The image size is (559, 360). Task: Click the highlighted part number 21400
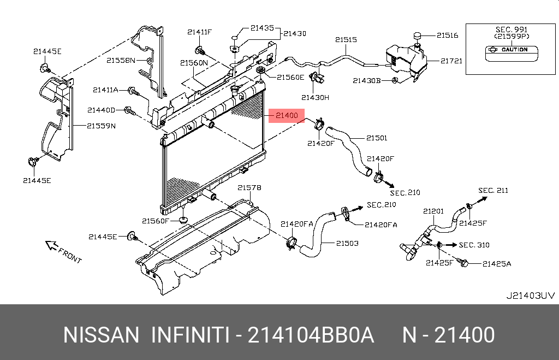(x=286, y=115)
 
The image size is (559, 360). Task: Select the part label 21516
(x=447, y=36)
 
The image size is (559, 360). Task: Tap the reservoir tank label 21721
(x=451, y=61)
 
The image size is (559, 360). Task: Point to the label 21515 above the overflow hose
(x=346, y=40)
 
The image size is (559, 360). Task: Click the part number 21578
(x=249, y=188)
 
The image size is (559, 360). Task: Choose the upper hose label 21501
(x=377, y=138)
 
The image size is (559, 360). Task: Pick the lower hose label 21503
(x=347, y=243)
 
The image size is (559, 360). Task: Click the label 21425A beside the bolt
(x=497, y=264)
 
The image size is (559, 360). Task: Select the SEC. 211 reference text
(x=493, y=191)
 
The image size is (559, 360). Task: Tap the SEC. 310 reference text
(x=474, y=245)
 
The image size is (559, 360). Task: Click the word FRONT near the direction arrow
(x=69, y=256)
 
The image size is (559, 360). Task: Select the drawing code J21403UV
(x=531, y=296)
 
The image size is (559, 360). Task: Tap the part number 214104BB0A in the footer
(x=311, y=335)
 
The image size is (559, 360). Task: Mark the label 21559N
(x=102, y=126)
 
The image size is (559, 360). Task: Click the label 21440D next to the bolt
(x=102, y=110)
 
